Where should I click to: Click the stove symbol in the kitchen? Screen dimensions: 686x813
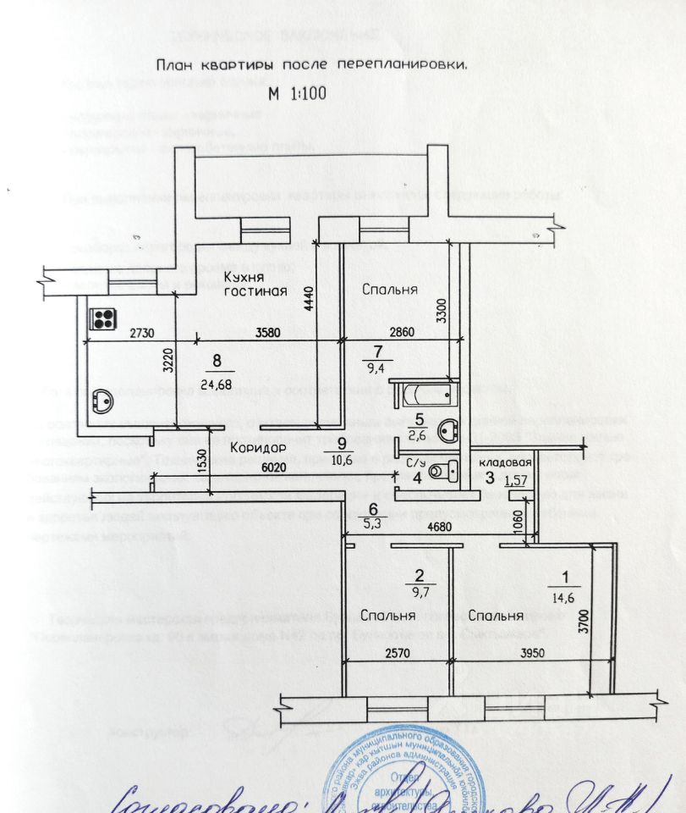[104, 319]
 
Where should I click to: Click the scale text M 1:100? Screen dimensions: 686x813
[291, 94]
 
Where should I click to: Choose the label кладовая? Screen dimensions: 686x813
[505, 463]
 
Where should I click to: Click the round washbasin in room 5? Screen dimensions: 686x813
[447, 432]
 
